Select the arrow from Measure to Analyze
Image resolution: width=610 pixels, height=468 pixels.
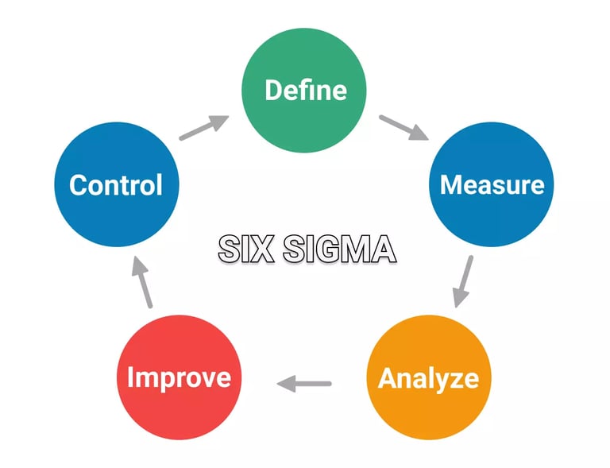(463, 280)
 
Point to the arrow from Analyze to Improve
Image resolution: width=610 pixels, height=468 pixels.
(303, 384)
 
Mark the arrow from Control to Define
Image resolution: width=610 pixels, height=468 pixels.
(204, 128)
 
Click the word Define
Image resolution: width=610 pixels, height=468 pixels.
(305, 90)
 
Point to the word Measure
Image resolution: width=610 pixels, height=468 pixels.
(492, 184)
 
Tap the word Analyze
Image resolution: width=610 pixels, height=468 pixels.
(428, 378)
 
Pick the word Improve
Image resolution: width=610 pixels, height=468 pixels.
(179, 377)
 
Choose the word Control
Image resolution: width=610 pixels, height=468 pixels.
(116, 184)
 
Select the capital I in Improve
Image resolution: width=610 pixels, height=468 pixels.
(131, 377)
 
